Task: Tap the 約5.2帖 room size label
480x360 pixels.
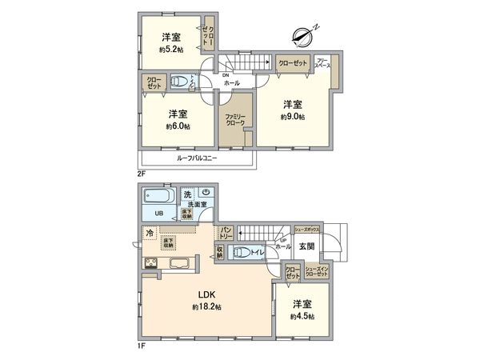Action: click(170, 50)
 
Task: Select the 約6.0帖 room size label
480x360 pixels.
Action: click(177, 126)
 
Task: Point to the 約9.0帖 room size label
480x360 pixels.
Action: click(292, 117)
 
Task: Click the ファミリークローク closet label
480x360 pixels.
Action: click(235, 121)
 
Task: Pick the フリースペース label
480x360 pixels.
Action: click(324, 62)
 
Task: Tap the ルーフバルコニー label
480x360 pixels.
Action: click(197, 158)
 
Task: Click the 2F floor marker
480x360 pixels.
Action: click(141, 173)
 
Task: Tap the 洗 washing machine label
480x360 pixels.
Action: click(187, 194)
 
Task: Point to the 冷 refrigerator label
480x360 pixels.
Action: click(149, 233)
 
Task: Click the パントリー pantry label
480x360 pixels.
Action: click(226, 231)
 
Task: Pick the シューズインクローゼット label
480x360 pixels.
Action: click(317, 272)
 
